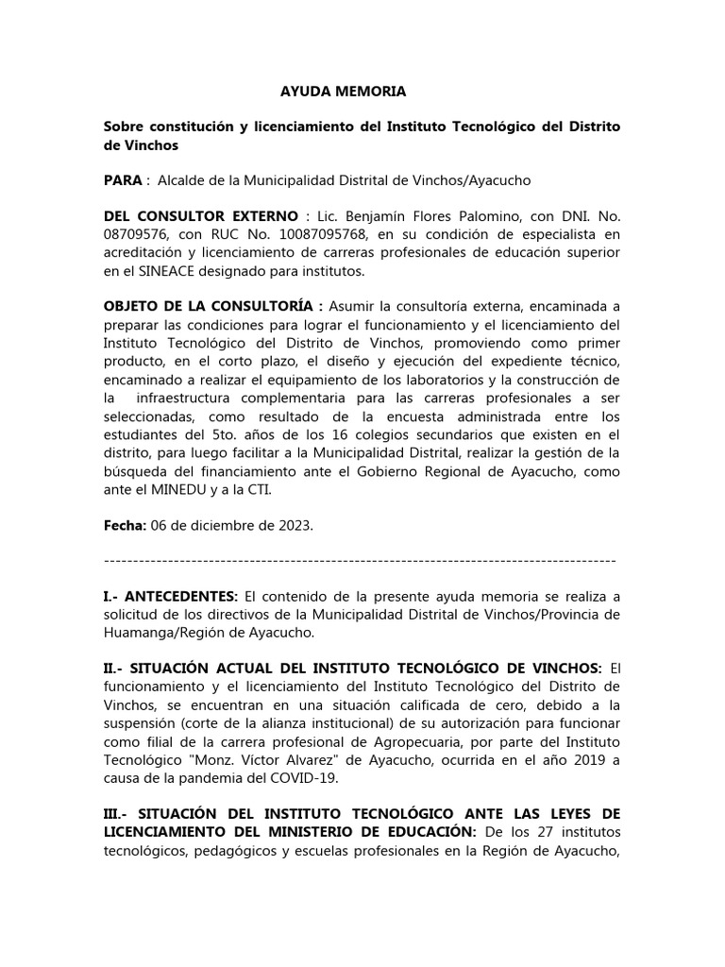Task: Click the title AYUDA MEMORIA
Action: point(344,92)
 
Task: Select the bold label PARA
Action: point(122,179)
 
